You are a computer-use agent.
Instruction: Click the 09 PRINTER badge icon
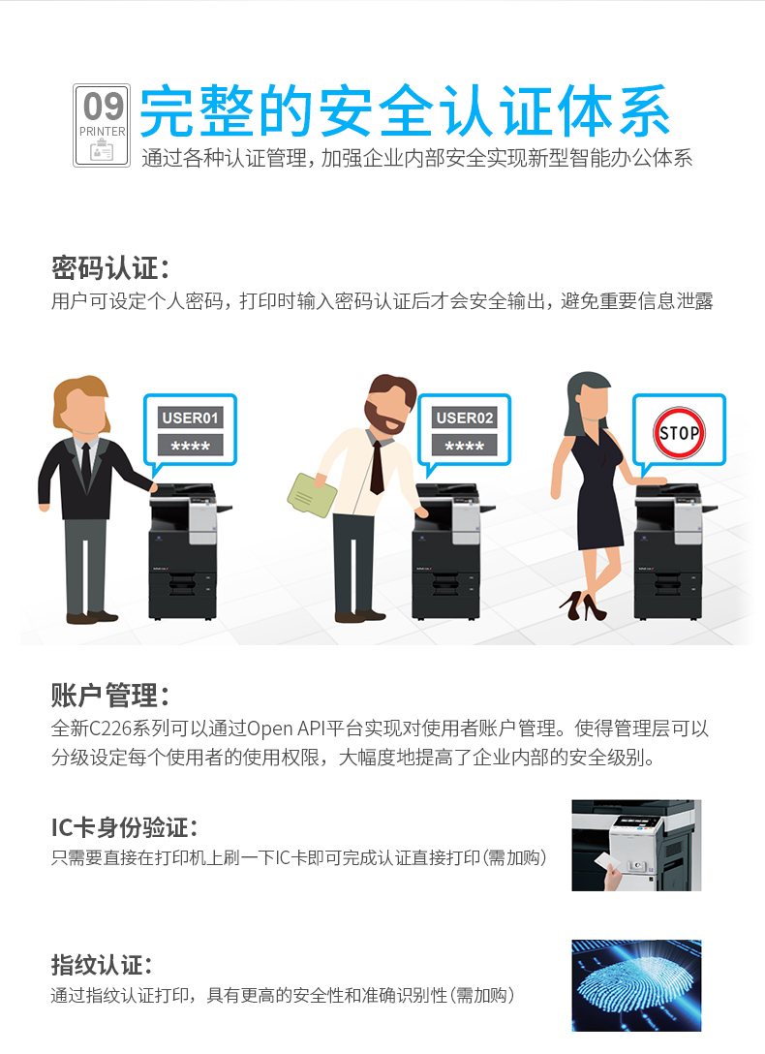[102, 125]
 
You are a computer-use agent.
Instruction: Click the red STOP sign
[679, 432]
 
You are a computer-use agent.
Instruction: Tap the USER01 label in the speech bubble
[190, 418]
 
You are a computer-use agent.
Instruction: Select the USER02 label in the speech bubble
[464, 418]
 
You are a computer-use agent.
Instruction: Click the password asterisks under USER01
[190, 445]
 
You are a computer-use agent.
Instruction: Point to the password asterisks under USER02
[464, 445]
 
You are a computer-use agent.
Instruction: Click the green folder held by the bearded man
[312, 495]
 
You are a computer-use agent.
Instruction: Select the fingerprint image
[636, 985]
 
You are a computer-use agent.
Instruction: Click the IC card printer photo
[636, 846]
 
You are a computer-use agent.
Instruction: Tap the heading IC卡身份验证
[124, 827]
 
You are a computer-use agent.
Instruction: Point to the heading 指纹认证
[101, 965]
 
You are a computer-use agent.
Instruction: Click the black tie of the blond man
[86, 465]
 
